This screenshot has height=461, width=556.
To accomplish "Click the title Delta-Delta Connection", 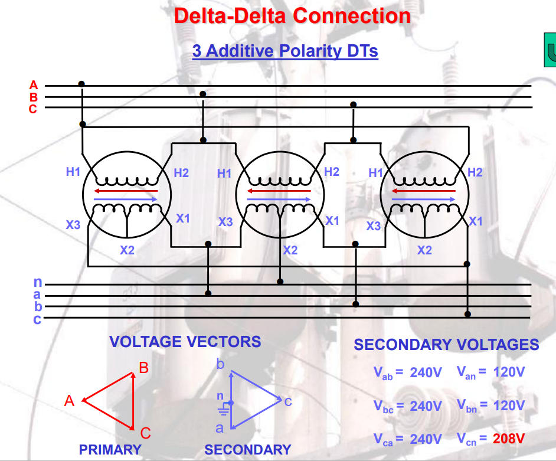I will pyautogui.click(x=292, y=15).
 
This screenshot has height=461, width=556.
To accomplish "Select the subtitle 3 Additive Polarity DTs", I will pyautogui.click(x=285, y=51).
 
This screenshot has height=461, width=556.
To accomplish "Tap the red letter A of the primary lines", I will pyautogui.click(x=34, y=85).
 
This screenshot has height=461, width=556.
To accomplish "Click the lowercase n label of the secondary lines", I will pyautogui.click(x=37, y=284).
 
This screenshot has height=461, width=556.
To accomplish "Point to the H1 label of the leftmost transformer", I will pyautogui.click(x=73, y=172).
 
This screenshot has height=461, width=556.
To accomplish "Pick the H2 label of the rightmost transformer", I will pyautogui.click(x=475, y=172).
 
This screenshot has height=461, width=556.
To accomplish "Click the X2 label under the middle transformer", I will pyautogui.click(x=290, y=250).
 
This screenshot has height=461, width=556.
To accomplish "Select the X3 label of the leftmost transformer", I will pyautogui.click(x=73, y=224).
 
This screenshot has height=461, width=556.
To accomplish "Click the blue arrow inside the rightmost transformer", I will pyautogui.click(x=424, y=200).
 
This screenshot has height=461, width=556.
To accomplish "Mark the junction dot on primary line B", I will pyautogui.click(x=203, y=94).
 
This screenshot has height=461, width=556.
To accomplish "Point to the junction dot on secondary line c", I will pyautogui.click(x=467, y=313).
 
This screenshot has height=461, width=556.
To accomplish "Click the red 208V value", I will pyautogui.click(x=508, y=439).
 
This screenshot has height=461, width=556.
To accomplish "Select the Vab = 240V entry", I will pyautogui.click(x=408, y=373).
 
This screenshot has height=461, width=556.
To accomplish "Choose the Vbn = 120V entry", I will pyautogui.click(x=490, y=406).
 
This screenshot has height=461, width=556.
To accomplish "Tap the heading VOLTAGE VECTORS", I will pyautogui.click(x=185, y=342).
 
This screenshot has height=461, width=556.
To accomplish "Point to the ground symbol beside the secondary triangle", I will pyautogui.click(x=223, y=408).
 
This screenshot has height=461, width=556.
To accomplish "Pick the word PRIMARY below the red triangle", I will pyautogui.click(x=110, y=450).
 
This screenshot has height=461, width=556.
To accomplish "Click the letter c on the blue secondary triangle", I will pyautogui.click(x=287, y=402).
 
